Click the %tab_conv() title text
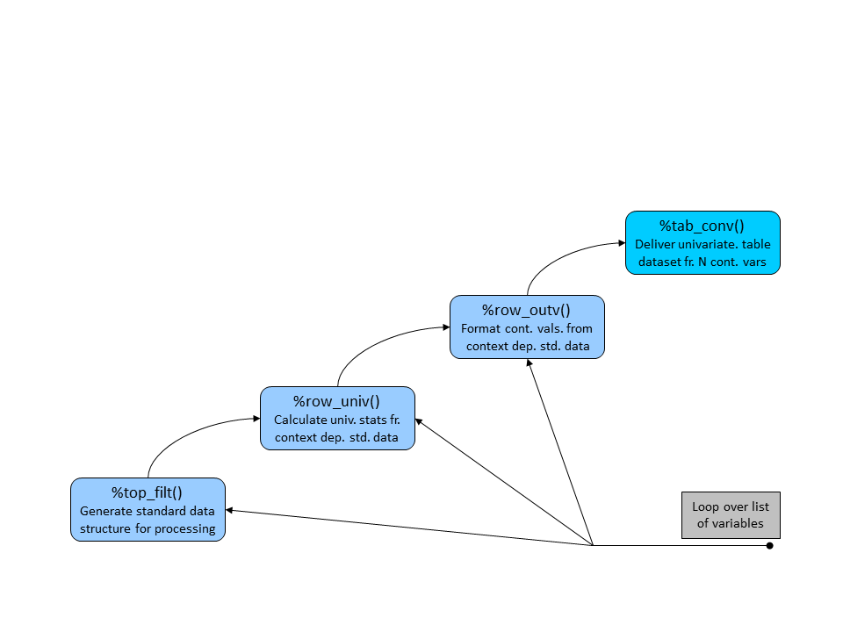pyautogui.click(x=702, y=226)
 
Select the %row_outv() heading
pyautogui.click(x=526, y=310)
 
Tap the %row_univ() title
pyautogui.click(x=336, y=401)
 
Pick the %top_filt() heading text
pyautogui.click(x=147, y=492)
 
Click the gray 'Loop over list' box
pyautogui.click(x=731, y=515)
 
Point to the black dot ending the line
pyautogui.click(x=769, y=545)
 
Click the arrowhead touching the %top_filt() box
pyautogui.click(x=229, y=510)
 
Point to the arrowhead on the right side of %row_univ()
pyautogui.click(x=419, y=422)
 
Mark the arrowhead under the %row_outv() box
pyautogui.click(x=529, y=363)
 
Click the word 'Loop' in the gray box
pyautogui.click(x=705, y=506)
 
